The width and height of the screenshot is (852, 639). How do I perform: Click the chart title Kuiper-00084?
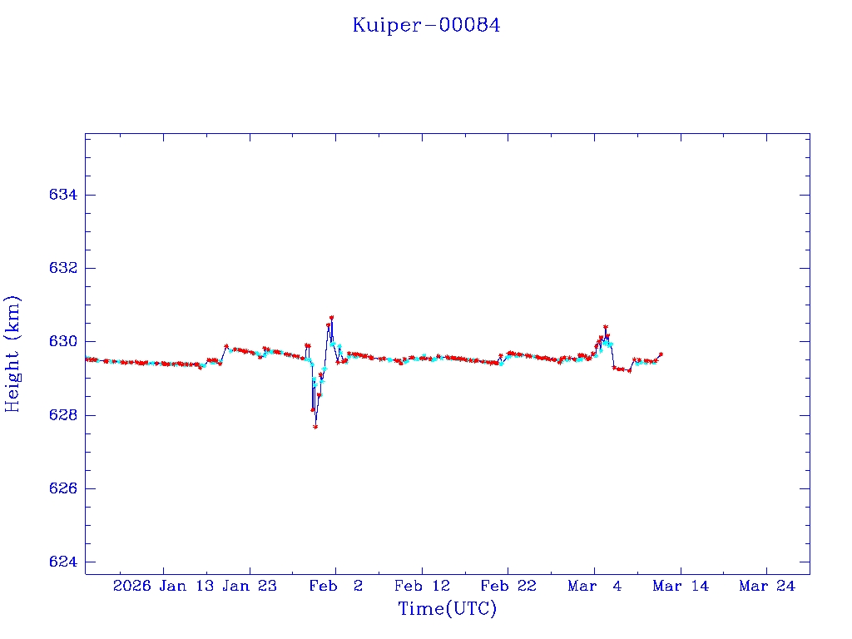(426, 25)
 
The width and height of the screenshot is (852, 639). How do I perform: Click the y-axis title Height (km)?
(12, 354)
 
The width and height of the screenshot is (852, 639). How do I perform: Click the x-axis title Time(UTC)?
(447, 609)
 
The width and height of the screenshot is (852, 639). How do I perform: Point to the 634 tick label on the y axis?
(63, 195)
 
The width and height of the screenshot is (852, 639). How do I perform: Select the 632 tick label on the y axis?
(63, 268)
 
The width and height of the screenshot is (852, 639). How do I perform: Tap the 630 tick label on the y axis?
(63, 341)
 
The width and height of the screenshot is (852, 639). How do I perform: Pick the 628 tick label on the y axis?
(63, 415)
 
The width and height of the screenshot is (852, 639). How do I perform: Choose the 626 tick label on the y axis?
(63, 488)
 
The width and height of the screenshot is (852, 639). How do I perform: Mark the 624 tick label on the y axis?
(63, 562)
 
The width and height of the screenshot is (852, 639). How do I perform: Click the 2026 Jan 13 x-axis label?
(161, 586)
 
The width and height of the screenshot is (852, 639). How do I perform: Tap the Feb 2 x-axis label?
(335, 586)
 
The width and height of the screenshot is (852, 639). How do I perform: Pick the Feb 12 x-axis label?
(422, 586)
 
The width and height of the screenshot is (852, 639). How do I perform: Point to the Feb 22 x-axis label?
(508, 586)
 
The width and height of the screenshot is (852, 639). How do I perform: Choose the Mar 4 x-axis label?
(595, 586)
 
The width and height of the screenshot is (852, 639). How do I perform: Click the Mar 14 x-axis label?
(681, 586)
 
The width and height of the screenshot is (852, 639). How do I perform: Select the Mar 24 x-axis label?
(767, 586)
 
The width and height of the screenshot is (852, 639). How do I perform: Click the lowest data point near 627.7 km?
(315, 427)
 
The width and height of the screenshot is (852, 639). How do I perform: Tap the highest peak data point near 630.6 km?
(331, 318)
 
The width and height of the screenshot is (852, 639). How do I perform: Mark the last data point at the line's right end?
(661, 354)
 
